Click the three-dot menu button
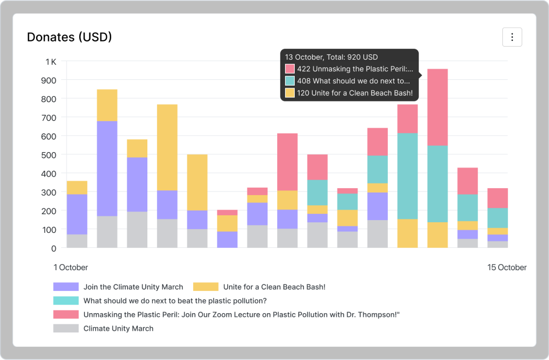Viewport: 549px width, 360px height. coord(512,37)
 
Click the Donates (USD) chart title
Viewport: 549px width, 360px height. coord(69,37)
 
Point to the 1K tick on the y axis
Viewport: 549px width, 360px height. coord(51,62)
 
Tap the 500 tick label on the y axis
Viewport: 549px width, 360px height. coord(49,155)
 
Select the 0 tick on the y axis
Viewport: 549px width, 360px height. coord(53,248)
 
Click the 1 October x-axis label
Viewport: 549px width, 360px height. coord(71,267)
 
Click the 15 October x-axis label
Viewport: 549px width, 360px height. coord(507,267)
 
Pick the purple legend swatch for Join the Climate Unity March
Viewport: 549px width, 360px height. coord(66,287)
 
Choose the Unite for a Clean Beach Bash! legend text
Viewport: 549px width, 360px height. coord(274,287)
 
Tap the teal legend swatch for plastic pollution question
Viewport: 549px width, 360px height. coord(66,300)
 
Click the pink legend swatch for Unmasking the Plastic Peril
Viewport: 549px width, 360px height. coord(66,314)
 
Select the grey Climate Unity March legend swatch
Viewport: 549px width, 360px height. coord(66,328)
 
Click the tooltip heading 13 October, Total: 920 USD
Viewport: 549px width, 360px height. coord(331,57)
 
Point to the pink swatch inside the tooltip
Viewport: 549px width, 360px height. coord(290,69)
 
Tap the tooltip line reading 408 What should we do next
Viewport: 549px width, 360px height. coord(354,81)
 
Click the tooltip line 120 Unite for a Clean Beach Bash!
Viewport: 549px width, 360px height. coord(355,93)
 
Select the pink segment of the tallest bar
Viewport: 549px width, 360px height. coord(438,107)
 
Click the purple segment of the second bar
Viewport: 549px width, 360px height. coord(107,169)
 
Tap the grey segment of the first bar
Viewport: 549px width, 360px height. coord(77,241)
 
